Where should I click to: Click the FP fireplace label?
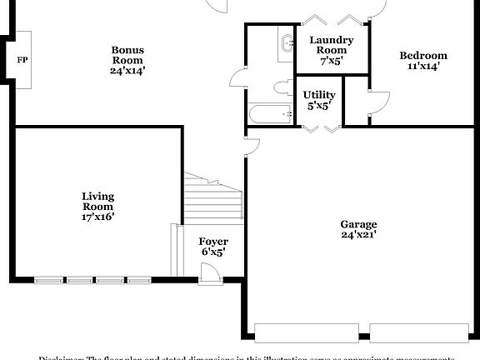click(22, 60)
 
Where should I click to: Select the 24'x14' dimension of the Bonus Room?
click(127, 71)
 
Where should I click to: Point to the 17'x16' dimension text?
click(97, 216)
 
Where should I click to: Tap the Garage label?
click(358, 224)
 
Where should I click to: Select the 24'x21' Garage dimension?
click(358, 235)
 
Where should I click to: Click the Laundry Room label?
click(331, 45)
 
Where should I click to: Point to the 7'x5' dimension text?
click(331, 61)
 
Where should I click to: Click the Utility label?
click(319, 95)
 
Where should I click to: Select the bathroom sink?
click(287, 42)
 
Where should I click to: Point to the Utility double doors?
click(321, 127)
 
